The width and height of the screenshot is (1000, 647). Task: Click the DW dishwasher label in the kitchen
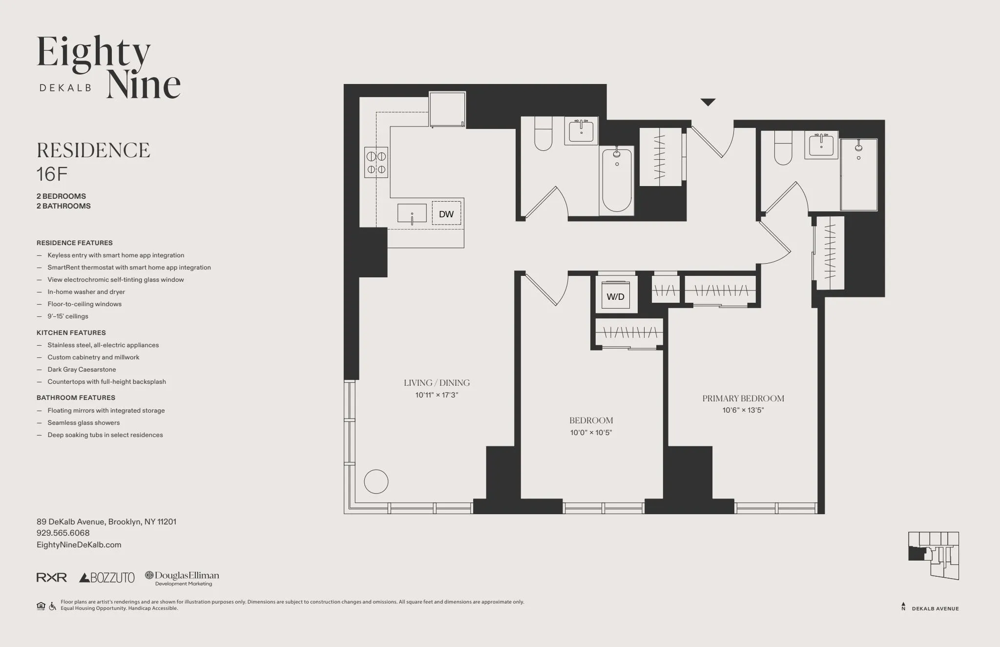tap(446, 214)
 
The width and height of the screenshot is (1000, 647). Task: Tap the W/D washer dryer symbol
tap(615, 296)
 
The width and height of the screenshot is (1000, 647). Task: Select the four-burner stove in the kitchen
tap(376, 163)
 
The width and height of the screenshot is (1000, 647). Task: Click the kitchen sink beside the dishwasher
tap(412, 214)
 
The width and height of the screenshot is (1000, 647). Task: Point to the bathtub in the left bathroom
tap(617, 180)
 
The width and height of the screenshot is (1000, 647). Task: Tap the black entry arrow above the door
tap(708, 102)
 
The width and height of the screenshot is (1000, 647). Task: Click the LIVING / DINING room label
tap(437, 383)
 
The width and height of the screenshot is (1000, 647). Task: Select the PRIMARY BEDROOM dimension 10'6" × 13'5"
tap(743, 410)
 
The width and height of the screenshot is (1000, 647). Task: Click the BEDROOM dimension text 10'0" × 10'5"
tap(591, 432)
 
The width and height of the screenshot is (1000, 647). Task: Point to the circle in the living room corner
tap(376, 481)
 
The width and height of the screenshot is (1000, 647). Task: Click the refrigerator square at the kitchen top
tap(447, 110)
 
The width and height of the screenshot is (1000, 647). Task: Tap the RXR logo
tap(52, 578)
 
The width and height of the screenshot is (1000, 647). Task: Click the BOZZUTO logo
tap(107, 578)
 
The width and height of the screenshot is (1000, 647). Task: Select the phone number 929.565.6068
tap(63, 533)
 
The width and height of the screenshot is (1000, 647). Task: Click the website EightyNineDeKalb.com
tap(79, 545)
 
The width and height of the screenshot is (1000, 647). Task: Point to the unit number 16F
tap(52, 174)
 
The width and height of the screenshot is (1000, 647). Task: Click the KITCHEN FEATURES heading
tap(71, 333)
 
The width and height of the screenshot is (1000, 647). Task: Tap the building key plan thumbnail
tap(933, 556)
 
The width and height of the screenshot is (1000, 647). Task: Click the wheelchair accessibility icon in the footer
tap(52, 606)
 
